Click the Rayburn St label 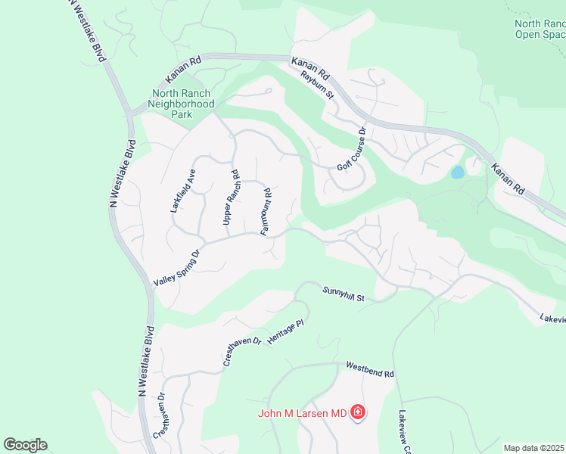point(317,85)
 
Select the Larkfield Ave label point(183,191)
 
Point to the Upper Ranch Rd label point(231,196)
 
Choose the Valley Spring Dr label point(176,269)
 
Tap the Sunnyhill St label point(344,294)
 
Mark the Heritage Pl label point(285,333)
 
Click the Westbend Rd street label point(371,369)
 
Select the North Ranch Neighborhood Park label point(181,104)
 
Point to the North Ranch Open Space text point(539,29)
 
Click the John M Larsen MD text point(301,413)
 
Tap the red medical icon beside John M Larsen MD point(358,413)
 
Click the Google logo point(25,445)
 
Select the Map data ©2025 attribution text point(533,448)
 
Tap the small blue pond point(457,173)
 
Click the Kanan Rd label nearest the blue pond point(508,178)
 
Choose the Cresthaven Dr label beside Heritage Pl point(242,352)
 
